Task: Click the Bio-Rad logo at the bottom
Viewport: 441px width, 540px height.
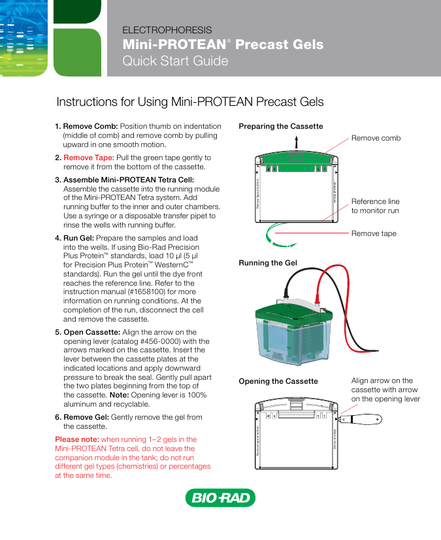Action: (x=220, y=499)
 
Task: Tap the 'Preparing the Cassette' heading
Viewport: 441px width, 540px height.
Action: (x=281, y=126)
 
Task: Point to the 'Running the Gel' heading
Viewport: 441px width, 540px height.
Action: (x=268, y=263)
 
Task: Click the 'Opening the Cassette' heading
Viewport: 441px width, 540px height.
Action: (x=278, y=381)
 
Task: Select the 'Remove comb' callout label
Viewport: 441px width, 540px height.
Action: (x=376, y=138)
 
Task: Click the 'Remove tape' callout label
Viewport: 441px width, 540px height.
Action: (x=374, y=233)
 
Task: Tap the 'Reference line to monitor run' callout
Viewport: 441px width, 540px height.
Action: (x=375, y=206)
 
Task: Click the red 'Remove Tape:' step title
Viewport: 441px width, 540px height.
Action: (x=88, y=158)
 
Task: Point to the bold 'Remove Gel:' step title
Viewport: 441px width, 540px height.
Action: (x=86, y=416)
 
